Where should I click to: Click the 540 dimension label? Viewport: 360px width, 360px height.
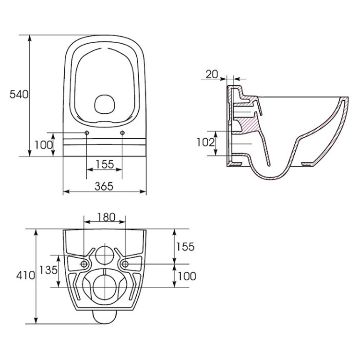click(19, 95)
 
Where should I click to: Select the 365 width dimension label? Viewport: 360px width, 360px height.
click(104, 186)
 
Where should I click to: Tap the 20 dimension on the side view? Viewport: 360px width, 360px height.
click(212, 74)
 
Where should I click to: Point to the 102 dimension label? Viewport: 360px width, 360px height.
click(206, 143)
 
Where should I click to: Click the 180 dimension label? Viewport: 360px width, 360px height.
click(106, 217)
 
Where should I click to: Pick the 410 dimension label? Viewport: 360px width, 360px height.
click(25, 276)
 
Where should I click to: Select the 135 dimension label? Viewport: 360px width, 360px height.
click(48, 270)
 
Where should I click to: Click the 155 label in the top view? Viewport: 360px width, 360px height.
click(105, 164)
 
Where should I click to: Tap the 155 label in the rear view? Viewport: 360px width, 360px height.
click(185, 247)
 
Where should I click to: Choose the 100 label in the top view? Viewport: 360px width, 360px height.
click(44, 145)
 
